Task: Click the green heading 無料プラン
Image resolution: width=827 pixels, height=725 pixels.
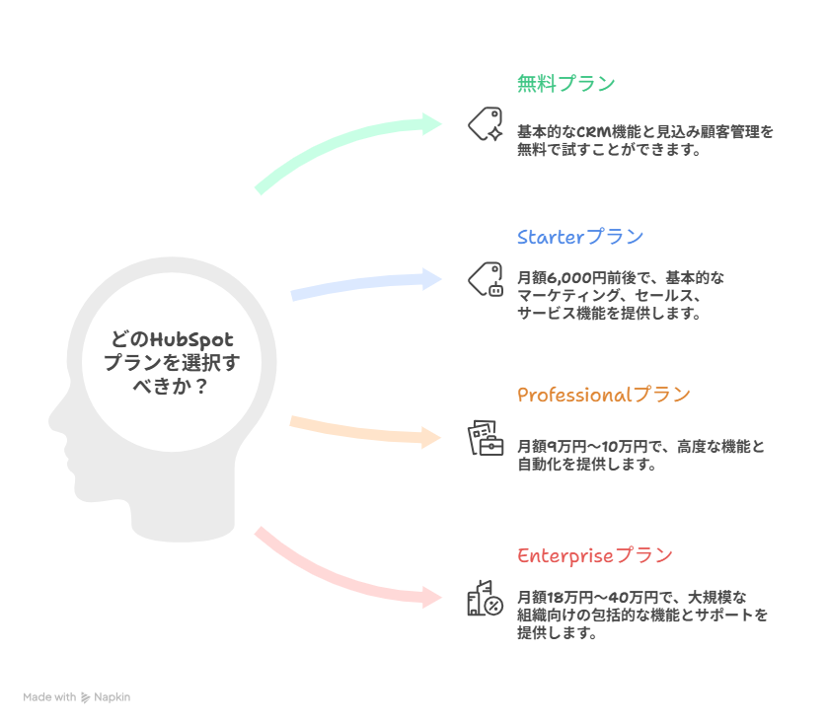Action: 565,84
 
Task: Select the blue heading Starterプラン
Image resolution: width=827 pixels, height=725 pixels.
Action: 579,237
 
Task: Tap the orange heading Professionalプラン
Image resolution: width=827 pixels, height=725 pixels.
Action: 603,396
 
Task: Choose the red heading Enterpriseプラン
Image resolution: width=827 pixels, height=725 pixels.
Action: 594,555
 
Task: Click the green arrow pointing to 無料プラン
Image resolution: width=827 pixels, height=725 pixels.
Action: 345,147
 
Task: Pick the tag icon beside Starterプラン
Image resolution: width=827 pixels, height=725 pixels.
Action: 485,279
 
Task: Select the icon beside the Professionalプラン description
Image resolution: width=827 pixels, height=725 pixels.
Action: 485,438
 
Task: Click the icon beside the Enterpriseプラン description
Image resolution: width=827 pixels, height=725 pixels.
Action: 485,598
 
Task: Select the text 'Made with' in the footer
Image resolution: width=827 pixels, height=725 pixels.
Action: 49,697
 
